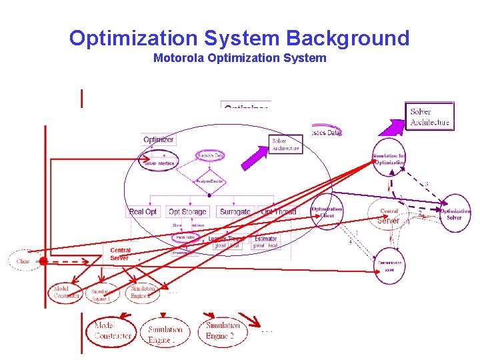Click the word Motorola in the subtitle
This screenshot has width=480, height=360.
click(x=179, y=58)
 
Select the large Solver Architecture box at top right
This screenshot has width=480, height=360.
click(x=430, y=117)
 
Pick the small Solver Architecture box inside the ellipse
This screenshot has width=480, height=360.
click(x=286, y=144)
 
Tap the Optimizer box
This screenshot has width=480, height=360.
click(x=159, y=139)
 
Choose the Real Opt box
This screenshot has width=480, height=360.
click(x=143, y=211)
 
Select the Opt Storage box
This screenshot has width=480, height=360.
click(x=187, y=211)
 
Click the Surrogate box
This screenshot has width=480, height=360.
click(x=235, y=211)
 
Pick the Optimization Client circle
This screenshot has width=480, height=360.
click(x=327, y=211)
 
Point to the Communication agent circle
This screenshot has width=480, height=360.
click(x=390, y=265)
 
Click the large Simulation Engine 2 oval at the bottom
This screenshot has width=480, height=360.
click(x=223, y=331)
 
